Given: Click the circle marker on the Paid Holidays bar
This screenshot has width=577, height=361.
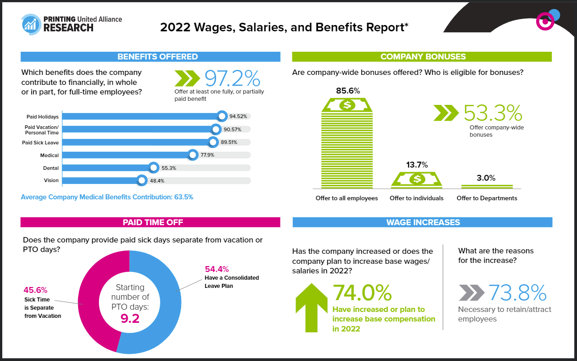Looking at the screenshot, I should click(x=222, y=116).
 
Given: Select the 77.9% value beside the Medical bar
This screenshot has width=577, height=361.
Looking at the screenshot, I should click(x=207, y=155).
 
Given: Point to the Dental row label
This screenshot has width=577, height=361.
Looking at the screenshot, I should click(x=51, y=168).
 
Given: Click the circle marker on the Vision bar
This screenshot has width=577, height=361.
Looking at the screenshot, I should click(x=142, y=181).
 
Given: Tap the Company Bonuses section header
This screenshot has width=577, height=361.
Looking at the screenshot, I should click(x=423, y=57).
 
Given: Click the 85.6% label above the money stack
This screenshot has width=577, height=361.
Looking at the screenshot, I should click(x=348, y=90).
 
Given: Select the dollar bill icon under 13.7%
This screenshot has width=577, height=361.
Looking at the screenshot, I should click(x=416, y=179).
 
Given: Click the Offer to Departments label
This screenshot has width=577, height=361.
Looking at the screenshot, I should click(x=487, y=198).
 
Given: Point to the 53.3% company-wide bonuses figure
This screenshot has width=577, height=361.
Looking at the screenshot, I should click(x=493, y=113).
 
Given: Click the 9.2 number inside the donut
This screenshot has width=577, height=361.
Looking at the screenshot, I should click(x=129, y=318).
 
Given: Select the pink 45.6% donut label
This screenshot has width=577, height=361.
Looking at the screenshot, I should click(x=35, y=290).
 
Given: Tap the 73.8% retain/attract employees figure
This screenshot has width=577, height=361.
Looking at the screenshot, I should click(x=517, y=293).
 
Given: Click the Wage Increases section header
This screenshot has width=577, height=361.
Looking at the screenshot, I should click(x=423, y=222).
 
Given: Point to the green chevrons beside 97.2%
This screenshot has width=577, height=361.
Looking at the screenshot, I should click(x=187, y=78).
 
